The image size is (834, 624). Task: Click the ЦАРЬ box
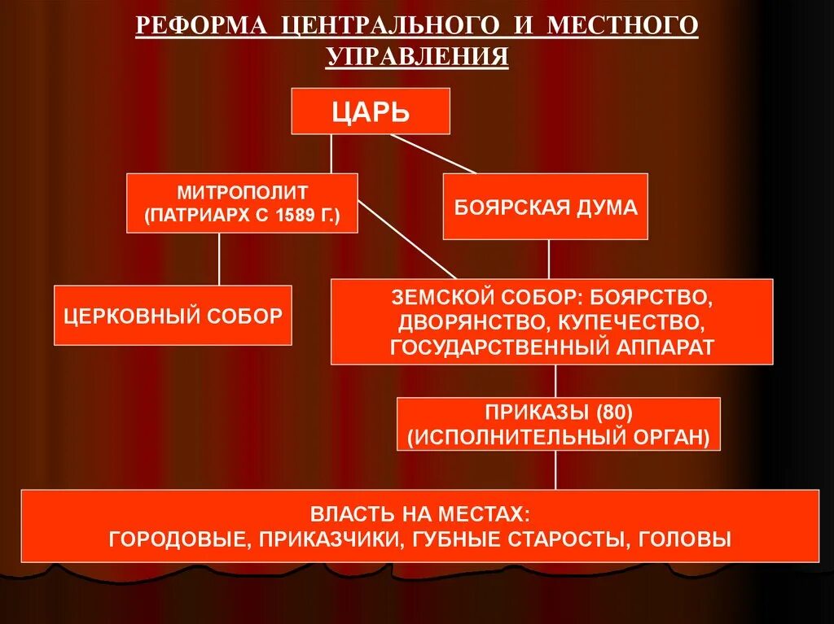371,111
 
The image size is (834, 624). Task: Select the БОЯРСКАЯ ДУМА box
545,207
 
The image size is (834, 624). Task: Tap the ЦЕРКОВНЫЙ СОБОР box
173,315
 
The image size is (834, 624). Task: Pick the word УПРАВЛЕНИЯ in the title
417,57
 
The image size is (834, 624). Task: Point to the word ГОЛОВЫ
686,539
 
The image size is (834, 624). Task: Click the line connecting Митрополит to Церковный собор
218,259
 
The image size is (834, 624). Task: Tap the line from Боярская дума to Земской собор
548,259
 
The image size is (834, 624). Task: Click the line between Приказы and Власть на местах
556,469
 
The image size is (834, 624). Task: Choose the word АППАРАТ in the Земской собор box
668,347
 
